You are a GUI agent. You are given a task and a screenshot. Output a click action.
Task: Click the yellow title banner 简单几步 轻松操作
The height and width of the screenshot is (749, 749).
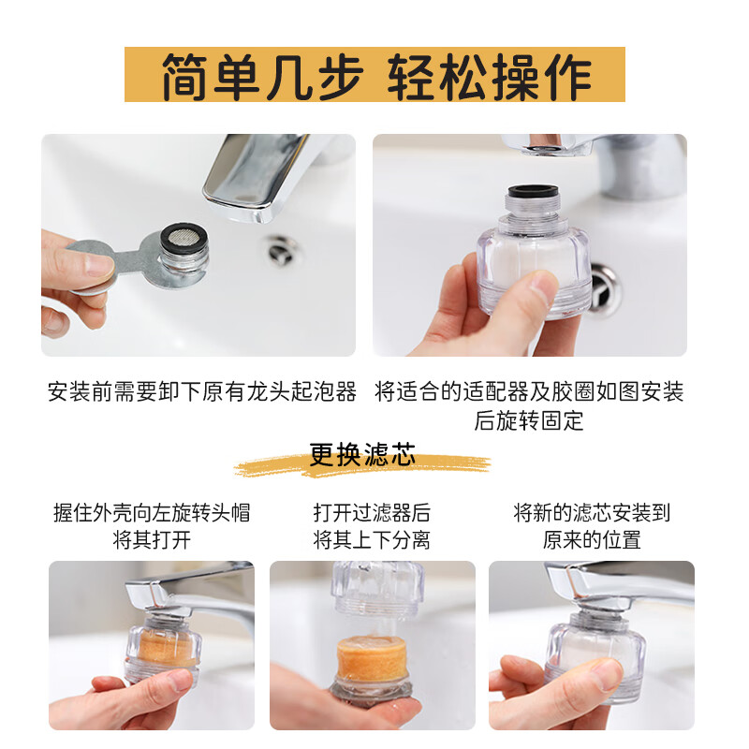coord(374,75)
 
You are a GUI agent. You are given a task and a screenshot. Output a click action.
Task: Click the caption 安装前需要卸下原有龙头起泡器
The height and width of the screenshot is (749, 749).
coord(202,391)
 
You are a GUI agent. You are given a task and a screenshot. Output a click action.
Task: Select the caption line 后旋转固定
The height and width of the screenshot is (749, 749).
coord(529,420)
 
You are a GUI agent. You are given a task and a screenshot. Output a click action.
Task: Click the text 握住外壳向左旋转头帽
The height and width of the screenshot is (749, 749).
coord(152,513)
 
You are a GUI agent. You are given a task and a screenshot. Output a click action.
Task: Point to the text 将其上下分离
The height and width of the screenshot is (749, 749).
coord(372,540)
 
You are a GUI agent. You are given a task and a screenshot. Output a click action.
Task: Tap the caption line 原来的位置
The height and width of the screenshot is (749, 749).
coord(592,540)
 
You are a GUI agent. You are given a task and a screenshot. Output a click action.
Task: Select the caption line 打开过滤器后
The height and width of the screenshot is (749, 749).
coord(372,513)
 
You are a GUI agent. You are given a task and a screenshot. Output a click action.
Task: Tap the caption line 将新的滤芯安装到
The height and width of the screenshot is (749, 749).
coord(592,513)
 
